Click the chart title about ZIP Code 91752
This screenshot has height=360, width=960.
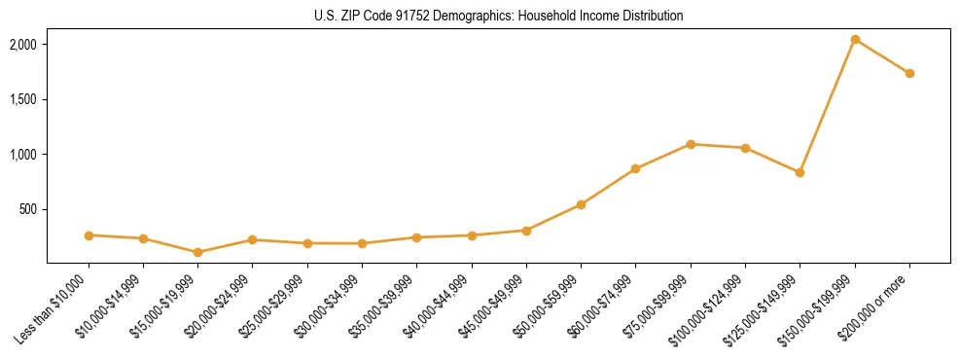point(480,17)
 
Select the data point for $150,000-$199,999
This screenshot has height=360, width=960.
point(855,40)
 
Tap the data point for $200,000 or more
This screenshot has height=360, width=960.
point(909,73)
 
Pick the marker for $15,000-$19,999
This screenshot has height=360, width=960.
point(198,252)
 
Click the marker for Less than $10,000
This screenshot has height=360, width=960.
point(89,235)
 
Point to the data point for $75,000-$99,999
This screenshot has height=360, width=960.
point(691,144)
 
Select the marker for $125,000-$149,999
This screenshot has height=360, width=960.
point(800,172)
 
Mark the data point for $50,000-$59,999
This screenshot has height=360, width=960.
point(581,204)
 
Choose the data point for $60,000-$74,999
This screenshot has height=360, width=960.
point(635,168)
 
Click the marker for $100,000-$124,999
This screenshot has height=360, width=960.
point(745,148)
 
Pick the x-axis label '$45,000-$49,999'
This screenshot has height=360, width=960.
point(495,306)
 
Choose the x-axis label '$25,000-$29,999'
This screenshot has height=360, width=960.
point(276,306)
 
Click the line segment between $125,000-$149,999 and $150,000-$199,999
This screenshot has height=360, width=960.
point(828,106)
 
